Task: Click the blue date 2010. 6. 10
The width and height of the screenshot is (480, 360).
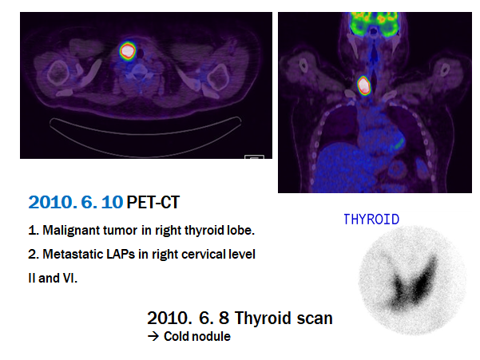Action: pos(76,202)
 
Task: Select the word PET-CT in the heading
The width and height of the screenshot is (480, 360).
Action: pos(153,202)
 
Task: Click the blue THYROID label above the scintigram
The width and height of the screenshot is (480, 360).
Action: pos(371,220)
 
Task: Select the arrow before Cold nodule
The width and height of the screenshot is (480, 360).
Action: pos(153,336)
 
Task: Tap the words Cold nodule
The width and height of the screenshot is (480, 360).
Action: pos(197,336)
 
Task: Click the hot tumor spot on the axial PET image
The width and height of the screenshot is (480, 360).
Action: pos(128,51)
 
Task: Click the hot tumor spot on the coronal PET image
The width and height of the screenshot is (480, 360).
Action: pos(364,85)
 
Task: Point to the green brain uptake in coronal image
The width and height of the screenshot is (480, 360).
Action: pos(374,24)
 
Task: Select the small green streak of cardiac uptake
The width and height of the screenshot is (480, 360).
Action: pos(398,143)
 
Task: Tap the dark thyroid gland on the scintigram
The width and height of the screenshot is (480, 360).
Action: pos(413,283)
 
